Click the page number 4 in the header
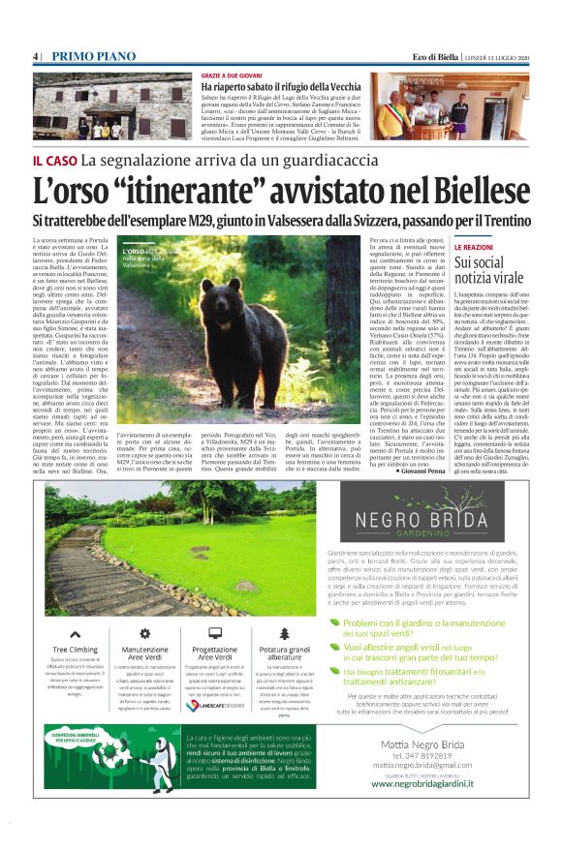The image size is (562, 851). click(x=36, y=57)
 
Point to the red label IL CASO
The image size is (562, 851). click(x=55, y=159)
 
